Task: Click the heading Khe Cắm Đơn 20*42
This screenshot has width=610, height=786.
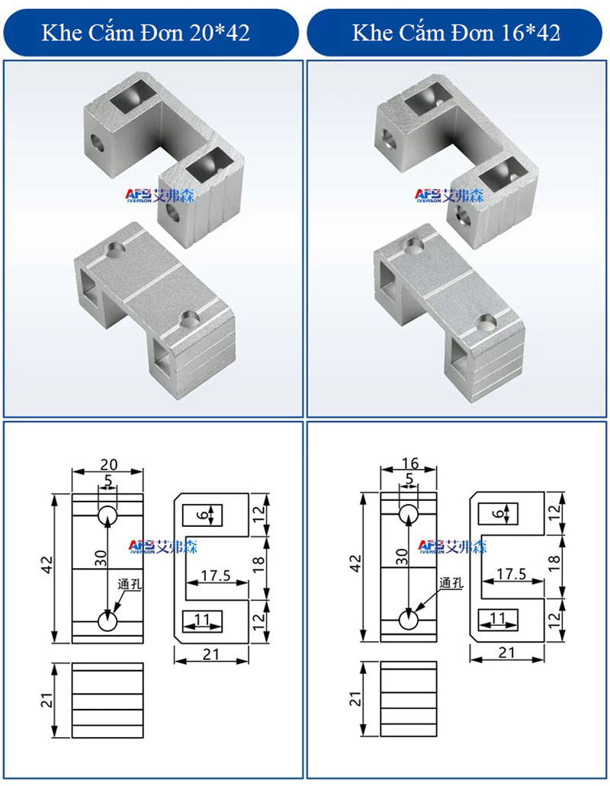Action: pyautogui.click(x=146, y=33)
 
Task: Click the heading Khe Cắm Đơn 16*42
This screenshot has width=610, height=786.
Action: pyautogui.click(x=456, y=33)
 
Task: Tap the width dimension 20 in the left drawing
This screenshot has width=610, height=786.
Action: pyautogui.click(x=109, y=465)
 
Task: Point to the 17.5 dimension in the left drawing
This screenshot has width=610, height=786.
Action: pyautogui.click(x=216, y=576)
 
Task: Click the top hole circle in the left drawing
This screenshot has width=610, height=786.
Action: pyautogui.click(x=108, y=516)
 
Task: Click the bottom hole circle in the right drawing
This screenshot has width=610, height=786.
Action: pyautogui.click(x=409, y=620)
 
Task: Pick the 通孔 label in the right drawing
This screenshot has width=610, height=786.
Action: pyautogui.click(x=451, y=582)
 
